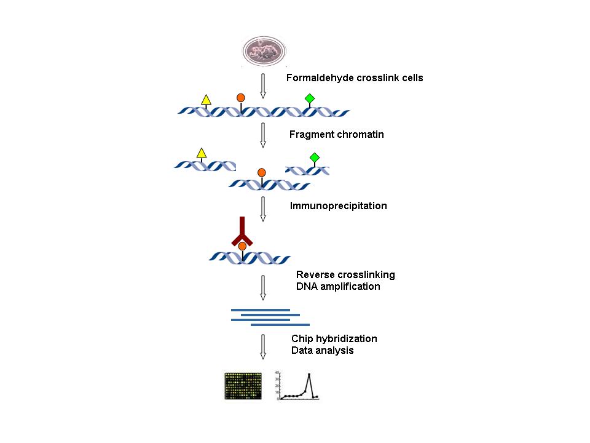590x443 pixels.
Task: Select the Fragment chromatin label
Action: coord(337,134)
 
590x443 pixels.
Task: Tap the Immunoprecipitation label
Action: coord(338,206)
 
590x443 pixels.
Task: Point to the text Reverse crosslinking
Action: coord(345,274)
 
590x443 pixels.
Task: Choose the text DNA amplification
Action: coord(338,286)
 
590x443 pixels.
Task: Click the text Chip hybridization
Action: coord(334,339)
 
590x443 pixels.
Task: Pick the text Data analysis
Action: coord(322,351)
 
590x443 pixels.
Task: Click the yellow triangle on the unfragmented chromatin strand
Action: coord(206,100)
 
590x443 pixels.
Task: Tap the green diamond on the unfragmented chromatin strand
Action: coord(310,98)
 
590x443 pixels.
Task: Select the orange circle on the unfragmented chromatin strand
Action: coord(241,97)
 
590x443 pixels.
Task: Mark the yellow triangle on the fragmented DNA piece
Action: coord(200,153)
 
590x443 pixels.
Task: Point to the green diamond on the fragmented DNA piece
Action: coord(315,158)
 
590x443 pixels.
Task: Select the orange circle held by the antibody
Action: coord(242,246)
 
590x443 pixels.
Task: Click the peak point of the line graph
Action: coord(309,374)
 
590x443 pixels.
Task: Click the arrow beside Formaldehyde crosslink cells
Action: coord(263,86)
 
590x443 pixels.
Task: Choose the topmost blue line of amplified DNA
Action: coord(260,309)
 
